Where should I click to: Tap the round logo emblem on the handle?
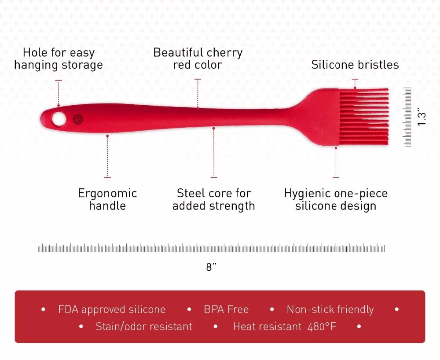[78, 120]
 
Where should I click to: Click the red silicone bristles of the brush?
[364, 117]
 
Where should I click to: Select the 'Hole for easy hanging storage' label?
[59, 59]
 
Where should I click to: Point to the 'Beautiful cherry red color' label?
[198, 59]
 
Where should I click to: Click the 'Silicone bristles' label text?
[355, 65]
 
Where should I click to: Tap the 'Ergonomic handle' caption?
[107, 199]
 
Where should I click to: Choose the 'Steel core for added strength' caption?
[213, 199]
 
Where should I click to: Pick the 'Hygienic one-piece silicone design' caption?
[336, 199]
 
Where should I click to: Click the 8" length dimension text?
[211, 267]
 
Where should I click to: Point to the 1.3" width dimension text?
[422, 117]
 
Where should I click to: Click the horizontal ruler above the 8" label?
[211, 248]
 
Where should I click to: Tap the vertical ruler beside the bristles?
[407, 117]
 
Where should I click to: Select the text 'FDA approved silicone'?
[112, 309]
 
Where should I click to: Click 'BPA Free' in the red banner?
[226, 309]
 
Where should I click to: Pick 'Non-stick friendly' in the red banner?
[330, 309]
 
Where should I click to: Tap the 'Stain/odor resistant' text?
[144, 326]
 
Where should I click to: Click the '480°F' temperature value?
[322, 326]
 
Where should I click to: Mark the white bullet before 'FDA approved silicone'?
[43, 309]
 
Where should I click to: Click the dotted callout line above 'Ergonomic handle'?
[107, 157]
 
